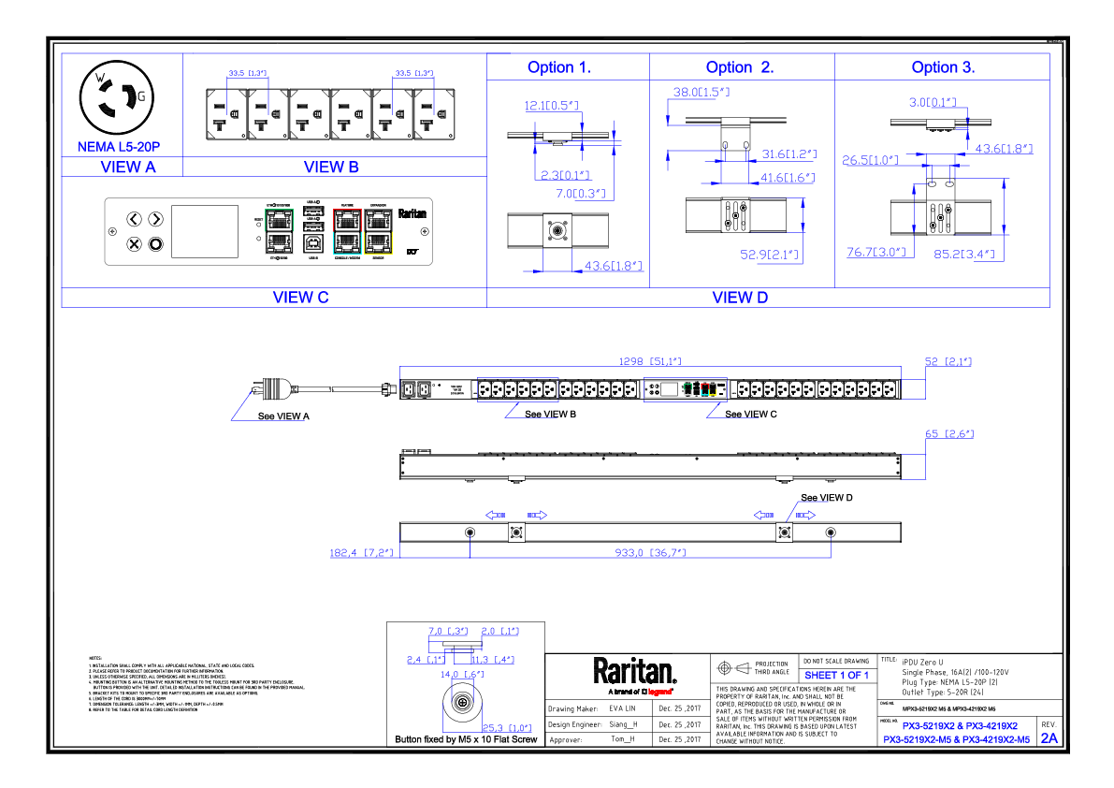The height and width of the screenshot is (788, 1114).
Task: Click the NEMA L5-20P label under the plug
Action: pos(119,147)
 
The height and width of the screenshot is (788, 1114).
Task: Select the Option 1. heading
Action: pos(558,67)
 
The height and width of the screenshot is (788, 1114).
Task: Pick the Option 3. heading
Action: pos(943,67)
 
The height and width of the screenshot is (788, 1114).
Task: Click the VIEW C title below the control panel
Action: pos(299,298)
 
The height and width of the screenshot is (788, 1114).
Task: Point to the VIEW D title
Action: pos(739,298)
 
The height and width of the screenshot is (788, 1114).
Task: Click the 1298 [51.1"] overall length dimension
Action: pos(650,360)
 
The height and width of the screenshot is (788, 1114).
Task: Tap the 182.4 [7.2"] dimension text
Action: pos(361,553)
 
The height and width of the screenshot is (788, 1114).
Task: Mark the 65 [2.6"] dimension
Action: pos(949,434)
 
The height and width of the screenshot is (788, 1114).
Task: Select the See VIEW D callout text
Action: pos(826,498)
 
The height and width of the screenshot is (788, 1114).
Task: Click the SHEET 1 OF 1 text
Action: pos(836,676)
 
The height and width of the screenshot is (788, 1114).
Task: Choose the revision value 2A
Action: pos(1049,737)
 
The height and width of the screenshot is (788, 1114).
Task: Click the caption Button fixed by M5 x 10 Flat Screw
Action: pos(466,739)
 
